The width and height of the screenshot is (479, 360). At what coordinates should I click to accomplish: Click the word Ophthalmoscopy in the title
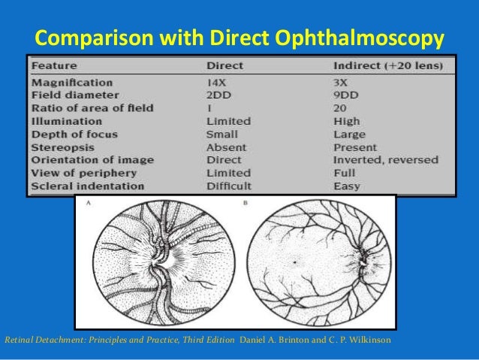click(373, 37)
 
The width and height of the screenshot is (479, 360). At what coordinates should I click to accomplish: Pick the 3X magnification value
click(342, 82)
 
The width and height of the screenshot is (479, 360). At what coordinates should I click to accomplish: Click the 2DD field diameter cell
click(219, 95)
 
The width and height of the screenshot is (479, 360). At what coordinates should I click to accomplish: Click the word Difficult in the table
click(229, 186)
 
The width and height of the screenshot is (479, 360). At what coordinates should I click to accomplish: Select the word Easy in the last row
click(346, 186)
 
